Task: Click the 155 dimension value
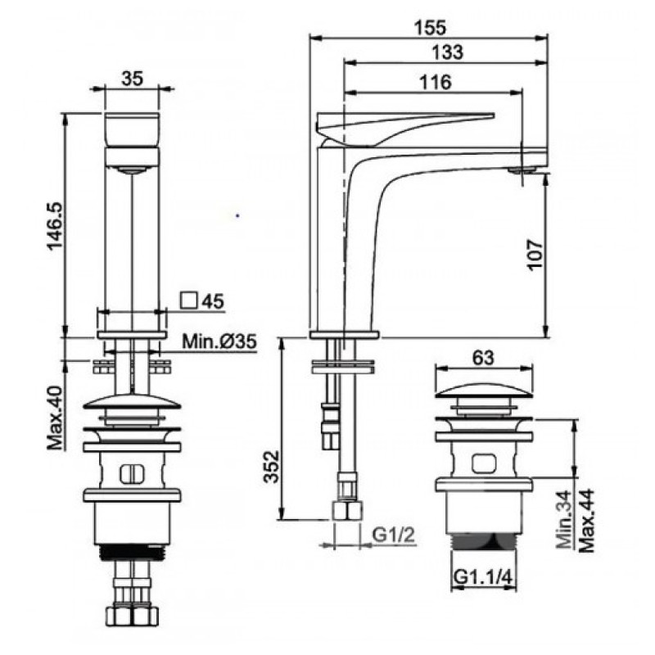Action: pos(430,28)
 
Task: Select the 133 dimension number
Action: pos(447,52)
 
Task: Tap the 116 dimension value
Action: pos(436,82)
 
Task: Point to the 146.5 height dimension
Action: pos(55,226)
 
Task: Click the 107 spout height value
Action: pos(535,255)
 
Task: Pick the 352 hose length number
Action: pos(272,467)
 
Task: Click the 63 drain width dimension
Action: pos(483,358)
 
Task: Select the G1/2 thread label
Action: pos(393,535)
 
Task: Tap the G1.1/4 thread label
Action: pos(483,578)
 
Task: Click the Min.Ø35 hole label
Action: pos(219,342)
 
